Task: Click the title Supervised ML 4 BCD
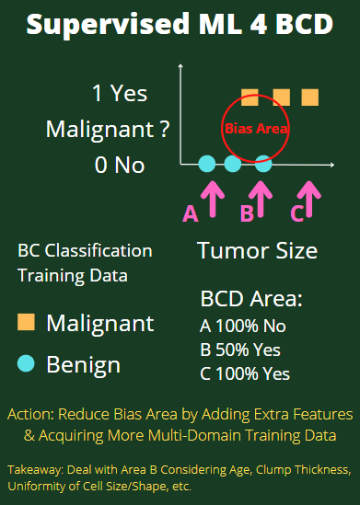180,25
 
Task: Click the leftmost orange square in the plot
249,97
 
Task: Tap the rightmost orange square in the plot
310,97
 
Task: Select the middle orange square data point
281,97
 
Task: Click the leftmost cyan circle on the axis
207,165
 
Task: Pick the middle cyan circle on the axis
233,165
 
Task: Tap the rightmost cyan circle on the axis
263,165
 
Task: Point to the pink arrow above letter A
212,196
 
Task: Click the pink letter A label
191,214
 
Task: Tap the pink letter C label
296,214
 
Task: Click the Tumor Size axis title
257,250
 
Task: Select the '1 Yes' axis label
120,94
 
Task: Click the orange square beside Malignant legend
27,323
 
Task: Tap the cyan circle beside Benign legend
27,364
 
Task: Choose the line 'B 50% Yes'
240,350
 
